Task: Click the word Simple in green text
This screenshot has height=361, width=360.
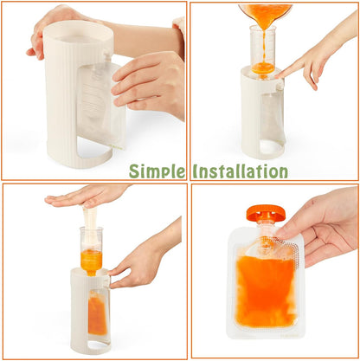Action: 157,171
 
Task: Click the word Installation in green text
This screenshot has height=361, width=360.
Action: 241,171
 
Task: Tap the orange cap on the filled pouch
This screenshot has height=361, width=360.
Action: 266,212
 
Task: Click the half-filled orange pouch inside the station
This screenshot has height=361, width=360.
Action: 97,316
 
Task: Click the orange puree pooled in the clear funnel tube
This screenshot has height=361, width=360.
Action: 263,68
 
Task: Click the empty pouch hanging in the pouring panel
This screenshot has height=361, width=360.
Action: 272,115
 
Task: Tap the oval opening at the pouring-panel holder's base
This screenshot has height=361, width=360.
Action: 270,148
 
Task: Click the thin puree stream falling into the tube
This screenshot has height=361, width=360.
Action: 264,46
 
